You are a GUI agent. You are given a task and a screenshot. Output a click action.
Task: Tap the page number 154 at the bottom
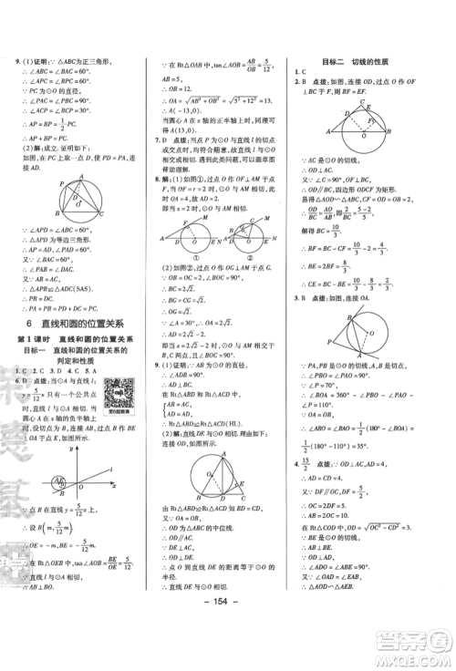click(228, 651)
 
